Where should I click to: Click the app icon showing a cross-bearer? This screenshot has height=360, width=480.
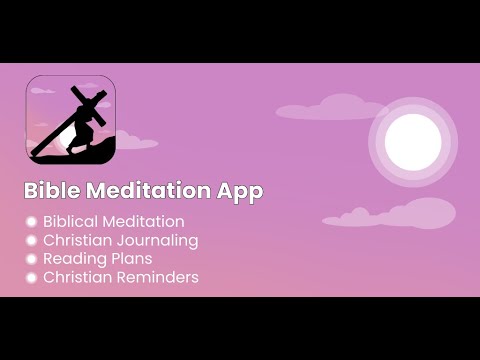click(70, 120)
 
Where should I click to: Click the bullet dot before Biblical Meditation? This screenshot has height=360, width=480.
click(31, 222)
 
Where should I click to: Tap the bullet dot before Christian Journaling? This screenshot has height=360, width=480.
click(31, 241)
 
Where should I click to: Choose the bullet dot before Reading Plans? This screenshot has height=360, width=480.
click(31, 259)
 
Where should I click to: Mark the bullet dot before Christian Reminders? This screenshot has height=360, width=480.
click(31, 277)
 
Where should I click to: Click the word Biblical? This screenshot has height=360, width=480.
click(72, 222)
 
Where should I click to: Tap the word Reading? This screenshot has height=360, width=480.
click(73, 259)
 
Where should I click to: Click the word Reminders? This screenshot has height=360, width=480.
click(159, 277)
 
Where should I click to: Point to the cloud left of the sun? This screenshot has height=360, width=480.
click(317, 106)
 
